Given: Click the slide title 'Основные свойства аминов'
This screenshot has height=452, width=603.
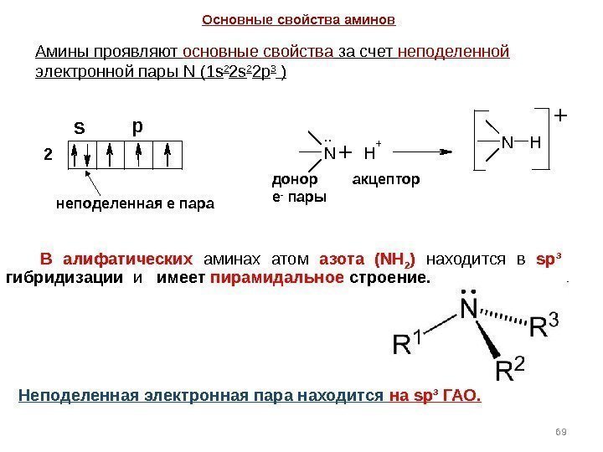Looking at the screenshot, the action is [x=299, y=18].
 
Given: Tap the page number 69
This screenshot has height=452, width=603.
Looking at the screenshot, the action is [x=561, y=431].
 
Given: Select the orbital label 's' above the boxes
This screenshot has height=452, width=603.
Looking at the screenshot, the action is [x=80, y=128].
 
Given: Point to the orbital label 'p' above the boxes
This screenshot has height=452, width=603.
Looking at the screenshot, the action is [x=138, y=126].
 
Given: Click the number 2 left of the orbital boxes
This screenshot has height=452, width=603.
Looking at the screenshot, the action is [x=48, y=156].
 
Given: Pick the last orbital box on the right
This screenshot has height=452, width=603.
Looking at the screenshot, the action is [x=168, y=156].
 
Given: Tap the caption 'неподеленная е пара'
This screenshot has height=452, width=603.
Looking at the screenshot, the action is [x=135, y=203].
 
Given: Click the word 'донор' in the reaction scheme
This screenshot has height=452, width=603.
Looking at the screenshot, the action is [x=295, y=179].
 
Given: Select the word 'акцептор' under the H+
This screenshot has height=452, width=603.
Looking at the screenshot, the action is [x=386, y=179].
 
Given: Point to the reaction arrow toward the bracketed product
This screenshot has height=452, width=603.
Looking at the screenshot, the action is [x=423, y=152].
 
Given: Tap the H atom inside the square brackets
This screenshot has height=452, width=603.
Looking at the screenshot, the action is [x=535, y=143].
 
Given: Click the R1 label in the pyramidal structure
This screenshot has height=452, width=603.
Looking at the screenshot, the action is [x=410, y=342].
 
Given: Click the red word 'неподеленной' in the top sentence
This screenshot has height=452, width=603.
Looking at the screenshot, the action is [x=454, y=52].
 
